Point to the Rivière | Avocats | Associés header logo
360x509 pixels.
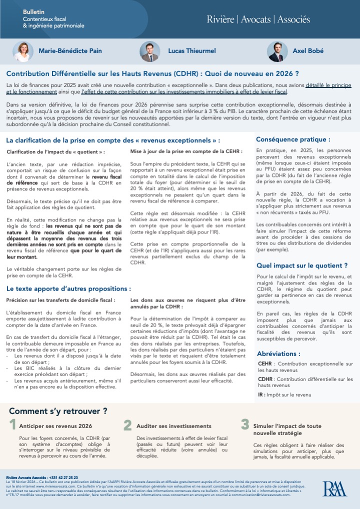(258, 19)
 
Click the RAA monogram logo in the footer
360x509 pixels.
(334, 488)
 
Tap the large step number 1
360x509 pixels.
(12, 425)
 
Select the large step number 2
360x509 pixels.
(127, 425)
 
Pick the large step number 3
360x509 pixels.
(244, 425)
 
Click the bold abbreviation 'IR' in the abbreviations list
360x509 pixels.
(261, 394)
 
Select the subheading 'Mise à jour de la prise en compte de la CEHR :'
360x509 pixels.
(186, 151)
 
